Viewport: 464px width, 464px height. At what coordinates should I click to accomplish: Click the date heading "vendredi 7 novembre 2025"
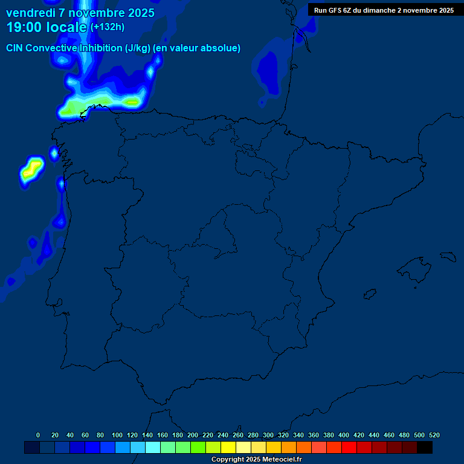(x=80, y=13)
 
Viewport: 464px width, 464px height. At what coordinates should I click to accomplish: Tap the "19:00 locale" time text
(x=47, y=27)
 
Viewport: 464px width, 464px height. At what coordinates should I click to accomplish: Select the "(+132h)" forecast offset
(x=108, y=27)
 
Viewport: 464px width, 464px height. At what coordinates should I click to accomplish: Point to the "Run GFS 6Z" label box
(x=384, y=10)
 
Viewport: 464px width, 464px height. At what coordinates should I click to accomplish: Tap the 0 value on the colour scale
(x=38, y=435)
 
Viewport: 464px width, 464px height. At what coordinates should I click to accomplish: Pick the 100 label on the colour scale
(x=117, y=435)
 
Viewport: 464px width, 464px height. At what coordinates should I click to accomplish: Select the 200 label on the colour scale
(x=193, y=435)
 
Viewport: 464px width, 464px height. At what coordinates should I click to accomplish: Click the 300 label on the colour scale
(x=268, y=435)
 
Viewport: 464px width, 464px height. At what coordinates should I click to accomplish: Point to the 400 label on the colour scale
(x=344, y=435)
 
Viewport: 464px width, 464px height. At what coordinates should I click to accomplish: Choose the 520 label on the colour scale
(x=434, y=435)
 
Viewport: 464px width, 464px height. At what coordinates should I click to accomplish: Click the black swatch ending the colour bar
(x=425, y=447)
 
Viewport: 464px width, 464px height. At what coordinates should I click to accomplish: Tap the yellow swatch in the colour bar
(x=228, y=447)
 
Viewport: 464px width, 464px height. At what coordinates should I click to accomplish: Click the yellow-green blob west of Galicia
(x=31, y=170)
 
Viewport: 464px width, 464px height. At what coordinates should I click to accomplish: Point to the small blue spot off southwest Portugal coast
(x=11, y=281)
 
